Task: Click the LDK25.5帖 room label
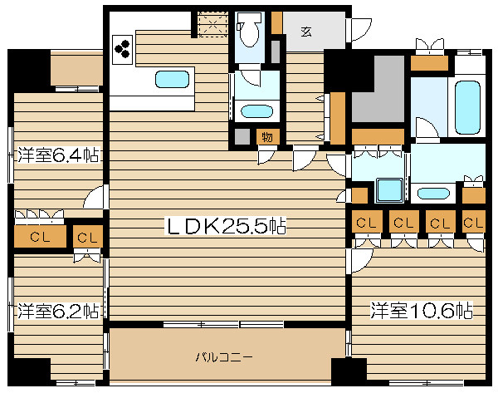point(226,225)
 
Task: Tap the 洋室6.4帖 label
point(58,155)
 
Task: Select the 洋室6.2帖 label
point(58,311)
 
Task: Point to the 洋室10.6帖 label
point(422,310)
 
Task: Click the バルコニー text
point(224,357)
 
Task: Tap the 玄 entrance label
point(306,32)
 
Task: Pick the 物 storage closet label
point(267,137)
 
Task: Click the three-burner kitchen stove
point(122,50)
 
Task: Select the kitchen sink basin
point(172,79)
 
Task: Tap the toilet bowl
point(249,30)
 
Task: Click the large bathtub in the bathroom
point(467,107)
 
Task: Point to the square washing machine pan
point(389,190)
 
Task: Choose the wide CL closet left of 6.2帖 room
point(40,237)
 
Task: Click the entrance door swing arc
point(362,30)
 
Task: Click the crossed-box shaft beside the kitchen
point(213,24)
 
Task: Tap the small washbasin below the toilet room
point(256,111)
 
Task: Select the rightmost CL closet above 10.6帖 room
point(474,222)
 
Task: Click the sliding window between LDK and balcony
point(223,324)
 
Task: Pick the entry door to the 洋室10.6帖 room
point(362,261)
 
